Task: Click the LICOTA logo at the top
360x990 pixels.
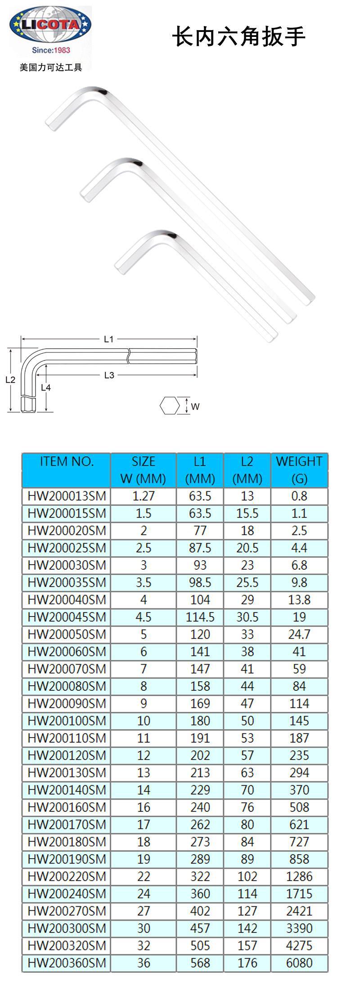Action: tap(50, 26)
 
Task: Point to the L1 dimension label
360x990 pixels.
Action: tap(108, 339)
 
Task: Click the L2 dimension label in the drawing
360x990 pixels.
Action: tap(10, 379)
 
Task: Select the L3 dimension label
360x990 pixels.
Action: tap(109, 375)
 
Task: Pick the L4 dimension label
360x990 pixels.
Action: tap(45, 387)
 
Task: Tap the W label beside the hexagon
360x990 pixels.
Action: tap(195, 406)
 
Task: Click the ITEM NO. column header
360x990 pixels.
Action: tap(67, 461)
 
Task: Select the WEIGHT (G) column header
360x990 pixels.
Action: tap(299, 470)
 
